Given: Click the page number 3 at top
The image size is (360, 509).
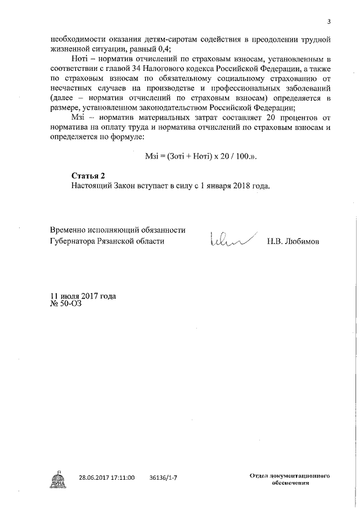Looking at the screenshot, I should click(330, 21).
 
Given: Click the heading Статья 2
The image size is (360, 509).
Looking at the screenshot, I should click(88, 175).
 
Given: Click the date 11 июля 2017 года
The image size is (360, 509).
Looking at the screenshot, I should click(83, 296).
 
